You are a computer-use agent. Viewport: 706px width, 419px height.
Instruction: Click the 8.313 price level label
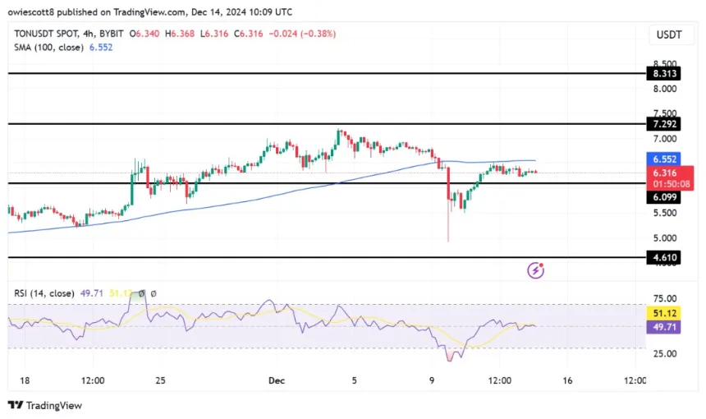(664, 73)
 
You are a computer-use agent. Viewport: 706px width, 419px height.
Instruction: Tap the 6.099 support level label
(664, 198)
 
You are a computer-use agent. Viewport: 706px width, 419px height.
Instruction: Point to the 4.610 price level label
(664, 257)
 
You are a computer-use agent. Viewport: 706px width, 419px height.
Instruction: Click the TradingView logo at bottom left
(45, 405)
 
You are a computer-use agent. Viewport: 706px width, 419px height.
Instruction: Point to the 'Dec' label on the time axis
(277, 380)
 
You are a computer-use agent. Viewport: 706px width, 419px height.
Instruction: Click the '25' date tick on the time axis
(162, 380)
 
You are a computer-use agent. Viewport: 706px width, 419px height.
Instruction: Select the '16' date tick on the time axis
(568, 380)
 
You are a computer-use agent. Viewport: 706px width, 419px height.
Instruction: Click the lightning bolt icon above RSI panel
(535, 269)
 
